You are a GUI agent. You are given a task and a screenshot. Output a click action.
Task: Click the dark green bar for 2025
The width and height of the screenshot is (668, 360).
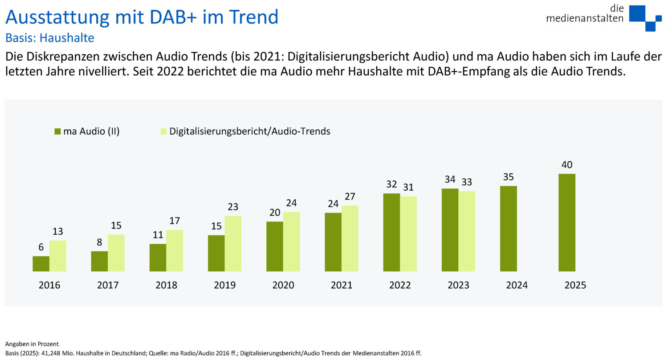click(566, 222)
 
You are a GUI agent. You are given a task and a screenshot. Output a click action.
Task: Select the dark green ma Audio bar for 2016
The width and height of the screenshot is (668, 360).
click(41, 264)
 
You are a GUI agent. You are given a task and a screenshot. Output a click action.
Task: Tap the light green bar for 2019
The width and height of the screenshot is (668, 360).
click(233, 244)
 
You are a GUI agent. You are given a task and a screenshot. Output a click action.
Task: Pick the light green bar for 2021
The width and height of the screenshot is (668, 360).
click(350, 238)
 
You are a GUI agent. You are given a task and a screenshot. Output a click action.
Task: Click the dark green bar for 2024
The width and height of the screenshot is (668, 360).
click(508, 229)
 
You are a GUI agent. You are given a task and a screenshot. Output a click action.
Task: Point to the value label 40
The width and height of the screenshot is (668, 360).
click(566, 165)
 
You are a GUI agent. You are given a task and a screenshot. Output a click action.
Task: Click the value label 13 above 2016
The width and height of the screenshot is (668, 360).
click(57, 232)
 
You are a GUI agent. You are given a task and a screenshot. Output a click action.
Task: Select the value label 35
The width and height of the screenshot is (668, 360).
click(508, 177)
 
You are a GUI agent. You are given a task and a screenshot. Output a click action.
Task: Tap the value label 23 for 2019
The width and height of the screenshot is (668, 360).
click(233, 207)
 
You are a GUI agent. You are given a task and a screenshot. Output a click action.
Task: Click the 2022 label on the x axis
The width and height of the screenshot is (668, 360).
click(400, 285)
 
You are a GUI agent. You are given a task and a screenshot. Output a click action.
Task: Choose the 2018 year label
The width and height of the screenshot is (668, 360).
click(166, 285)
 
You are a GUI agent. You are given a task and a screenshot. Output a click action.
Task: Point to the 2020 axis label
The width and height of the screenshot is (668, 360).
click(283, 285)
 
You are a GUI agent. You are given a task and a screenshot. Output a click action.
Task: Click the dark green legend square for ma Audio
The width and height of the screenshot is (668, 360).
click(57, 131)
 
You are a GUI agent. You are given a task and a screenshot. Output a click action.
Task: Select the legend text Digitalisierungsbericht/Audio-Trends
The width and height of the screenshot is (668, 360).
click(249, 131)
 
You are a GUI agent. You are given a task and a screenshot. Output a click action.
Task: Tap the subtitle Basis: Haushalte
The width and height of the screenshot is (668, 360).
click(49, 38)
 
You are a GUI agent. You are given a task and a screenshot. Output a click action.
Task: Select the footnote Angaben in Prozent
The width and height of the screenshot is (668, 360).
click(32, 344)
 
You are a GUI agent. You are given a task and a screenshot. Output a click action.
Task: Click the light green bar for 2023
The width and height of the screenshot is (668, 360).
click(466, 231)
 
